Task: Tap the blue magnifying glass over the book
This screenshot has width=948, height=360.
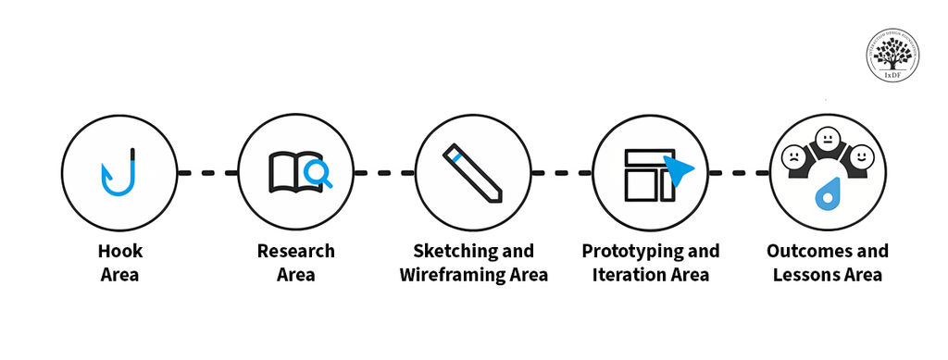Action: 318,172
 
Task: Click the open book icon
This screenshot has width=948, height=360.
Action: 288,171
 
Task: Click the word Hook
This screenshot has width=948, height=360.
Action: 120,251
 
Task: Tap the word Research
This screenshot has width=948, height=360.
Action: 296,251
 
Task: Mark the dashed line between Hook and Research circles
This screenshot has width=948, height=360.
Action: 207,172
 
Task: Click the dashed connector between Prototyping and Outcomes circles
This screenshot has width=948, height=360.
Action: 739,172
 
